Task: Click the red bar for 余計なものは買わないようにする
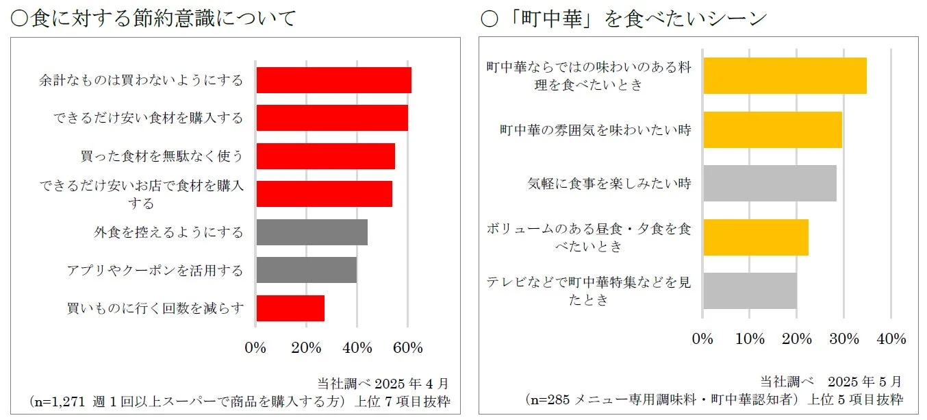point(333,80)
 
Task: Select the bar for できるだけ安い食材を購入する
point(332,118)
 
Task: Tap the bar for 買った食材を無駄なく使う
point(325,156)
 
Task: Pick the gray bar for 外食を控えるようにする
point(312,232)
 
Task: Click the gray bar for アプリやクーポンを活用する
point(306,270)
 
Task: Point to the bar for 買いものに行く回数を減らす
point(290,308)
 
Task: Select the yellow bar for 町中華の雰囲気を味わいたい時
point(772,129)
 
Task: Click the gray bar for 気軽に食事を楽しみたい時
point(770,183)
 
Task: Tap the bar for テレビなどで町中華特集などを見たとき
point(750,291)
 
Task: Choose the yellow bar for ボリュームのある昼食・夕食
point(756,237)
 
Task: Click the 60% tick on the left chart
point(407,348)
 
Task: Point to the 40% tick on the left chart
point(357,348)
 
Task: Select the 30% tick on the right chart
point(844,339)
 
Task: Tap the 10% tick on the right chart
point(750,339)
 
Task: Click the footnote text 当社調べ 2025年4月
point(383,382)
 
